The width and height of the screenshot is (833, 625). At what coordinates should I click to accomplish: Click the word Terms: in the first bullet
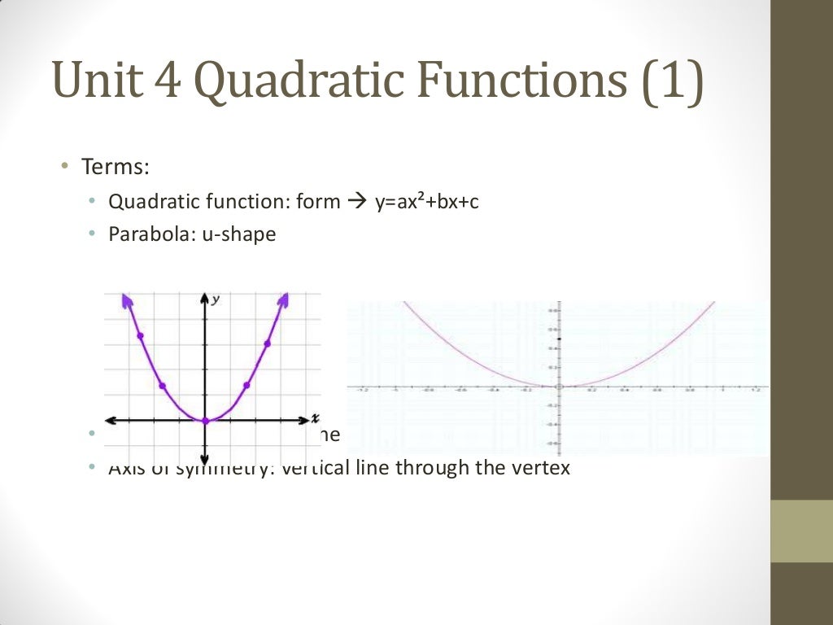(115, 167)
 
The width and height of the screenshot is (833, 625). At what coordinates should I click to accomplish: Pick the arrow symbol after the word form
(358, 201)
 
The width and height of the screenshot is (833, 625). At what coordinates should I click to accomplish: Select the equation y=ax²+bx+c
(427, 201)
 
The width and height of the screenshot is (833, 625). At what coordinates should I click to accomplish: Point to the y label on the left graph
(216, 299)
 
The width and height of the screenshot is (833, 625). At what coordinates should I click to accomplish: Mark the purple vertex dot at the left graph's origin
(205, 421)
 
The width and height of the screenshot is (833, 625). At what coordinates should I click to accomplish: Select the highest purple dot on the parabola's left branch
(141, 335)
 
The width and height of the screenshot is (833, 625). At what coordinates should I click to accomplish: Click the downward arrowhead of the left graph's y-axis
(205, 457)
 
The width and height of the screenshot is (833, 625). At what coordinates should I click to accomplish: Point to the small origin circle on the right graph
(559, 387)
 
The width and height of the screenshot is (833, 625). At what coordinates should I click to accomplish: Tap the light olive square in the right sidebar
(801, 531)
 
